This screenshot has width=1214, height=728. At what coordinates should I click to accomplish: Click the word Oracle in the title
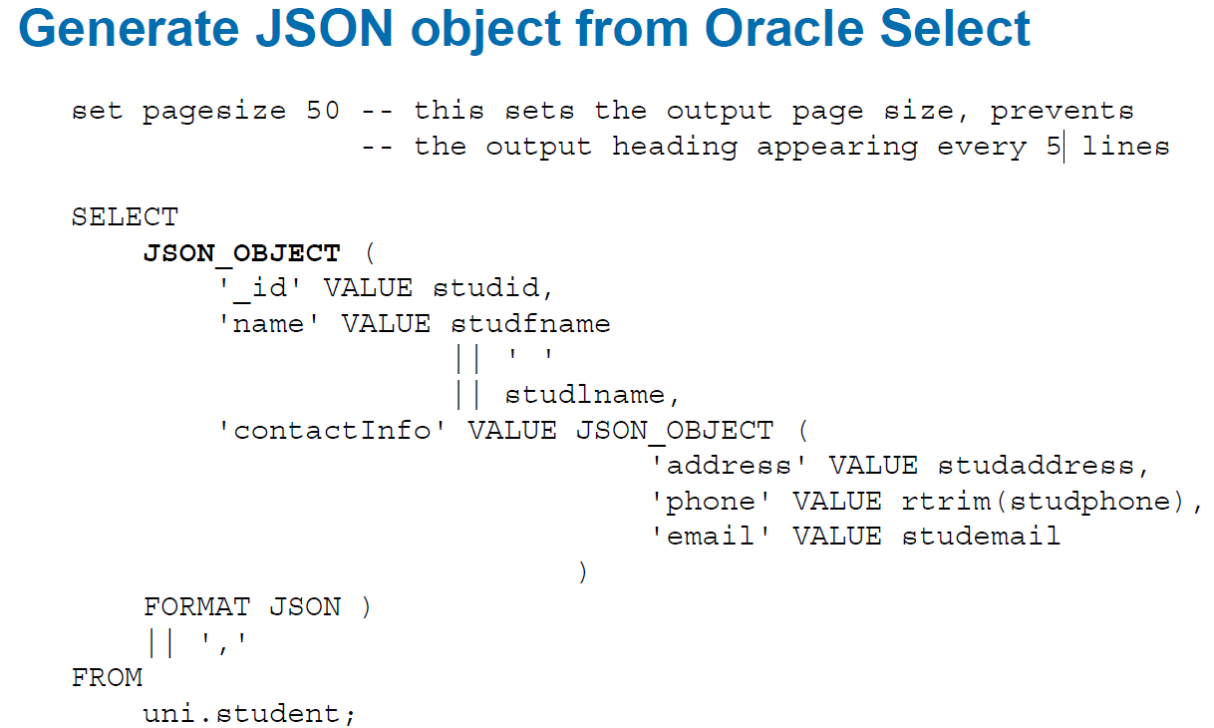click(783, 28)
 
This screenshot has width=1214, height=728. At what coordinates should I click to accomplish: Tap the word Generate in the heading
click(129, 28)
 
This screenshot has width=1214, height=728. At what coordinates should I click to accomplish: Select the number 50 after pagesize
click(323, 111)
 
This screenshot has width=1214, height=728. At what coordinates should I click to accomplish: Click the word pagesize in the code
click(214, 113)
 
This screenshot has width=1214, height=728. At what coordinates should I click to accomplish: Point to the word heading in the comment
click(675, 148)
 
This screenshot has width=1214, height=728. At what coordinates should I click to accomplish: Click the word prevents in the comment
click(1062, 113)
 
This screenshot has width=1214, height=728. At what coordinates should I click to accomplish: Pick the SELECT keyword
click(126, 217)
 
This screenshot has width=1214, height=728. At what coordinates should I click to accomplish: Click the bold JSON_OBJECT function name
click(242, 254)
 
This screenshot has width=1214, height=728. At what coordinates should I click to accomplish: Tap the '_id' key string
click(259, 288)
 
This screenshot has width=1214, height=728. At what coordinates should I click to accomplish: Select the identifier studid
click(486, 287)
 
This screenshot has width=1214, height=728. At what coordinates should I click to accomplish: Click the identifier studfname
click(530, 324)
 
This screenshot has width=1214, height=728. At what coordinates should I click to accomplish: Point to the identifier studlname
click(585, 394)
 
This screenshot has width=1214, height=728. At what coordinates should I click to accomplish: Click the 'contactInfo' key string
click(332, 431)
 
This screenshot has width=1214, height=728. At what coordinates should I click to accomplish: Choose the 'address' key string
click(729, 466)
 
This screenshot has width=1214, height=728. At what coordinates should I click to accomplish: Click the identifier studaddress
click(1037, 466)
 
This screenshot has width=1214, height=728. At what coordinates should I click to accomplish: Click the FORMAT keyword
click(196, 606)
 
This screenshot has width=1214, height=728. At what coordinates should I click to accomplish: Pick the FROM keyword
click(108, 677)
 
